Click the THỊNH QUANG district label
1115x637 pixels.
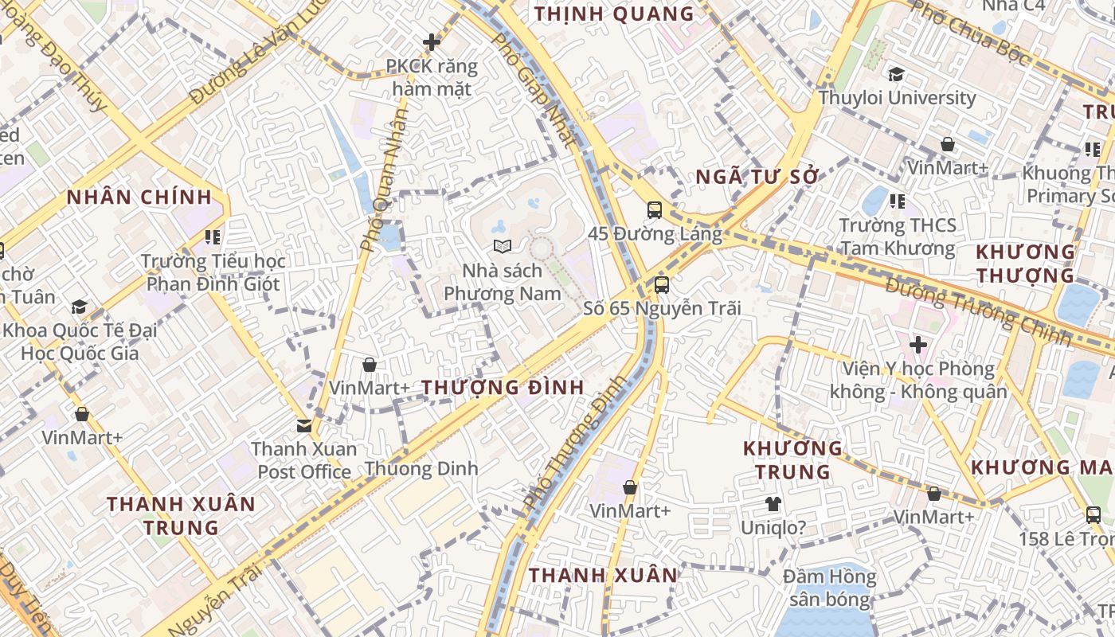pyautogui.click(x=614, y=14)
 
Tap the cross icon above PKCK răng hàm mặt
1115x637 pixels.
pyautogui.click(x=432, y=41)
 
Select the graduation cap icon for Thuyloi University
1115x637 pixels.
pyautogui.click(x=896, y=74)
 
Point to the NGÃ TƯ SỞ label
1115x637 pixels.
pyautogui.click(x=757, y=177)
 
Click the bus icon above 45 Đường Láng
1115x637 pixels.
pyautogui.click(x=654, y=210)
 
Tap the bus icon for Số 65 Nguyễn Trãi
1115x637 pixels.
pyautogui.click(x=661, y=284)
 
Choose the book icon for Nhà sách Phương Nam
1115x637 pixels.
pyautogui.click(x=501, y=247)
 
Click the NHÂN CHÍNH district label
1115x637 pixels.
pyautogui.click(x=139, y=197)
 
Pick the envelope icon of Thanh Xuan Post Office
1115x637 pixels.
pyautogui.click(x=304, y=425)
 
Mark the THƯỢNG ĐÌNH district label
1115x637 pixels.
pyautogui.click(x=503, y=388)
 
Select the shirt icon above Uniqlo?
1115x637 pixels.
pyautogui.click(x=773, y=503)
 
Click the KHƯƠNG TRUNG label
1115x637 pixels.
pyautogui.click(x=792, y=460)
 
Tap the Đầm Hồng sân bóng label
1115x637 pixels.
pyautogui.click(x=829, y=588)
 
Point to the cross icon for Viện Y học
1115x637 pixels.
pyautogui.click(x=918, y=345)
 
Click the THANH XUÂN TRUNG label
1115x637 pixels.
pyautogui.click(x=182, y=515)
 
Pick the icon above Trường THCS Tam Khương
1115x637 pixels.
pyautogui.click(x=898, y=201)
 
